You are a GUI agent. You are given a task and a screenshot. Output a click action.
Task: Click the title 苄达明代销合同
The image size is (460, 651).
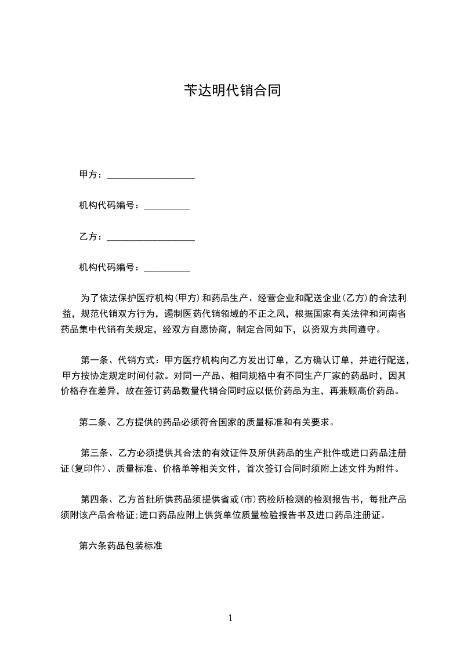(x=232, y=91)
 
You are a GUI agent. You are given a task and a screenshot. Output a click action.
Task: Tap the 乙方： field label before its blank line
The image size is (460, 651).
(x=92, y=237)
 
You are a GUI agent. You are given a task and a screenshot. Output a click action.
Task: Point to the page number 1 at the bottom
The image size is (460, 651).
(x=230, y=619)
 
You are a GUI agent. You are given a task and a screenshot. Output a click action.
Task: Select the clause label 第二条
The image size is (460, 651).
(x=93, y=422)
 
